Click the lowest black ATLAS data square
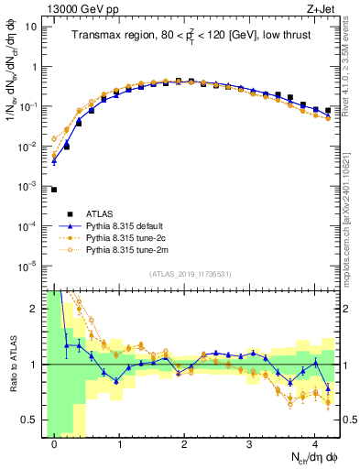coord(54,190)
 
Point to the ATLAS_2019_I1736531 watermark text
coord(191,274)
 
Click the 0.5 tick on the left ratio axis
coord(32,420)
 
